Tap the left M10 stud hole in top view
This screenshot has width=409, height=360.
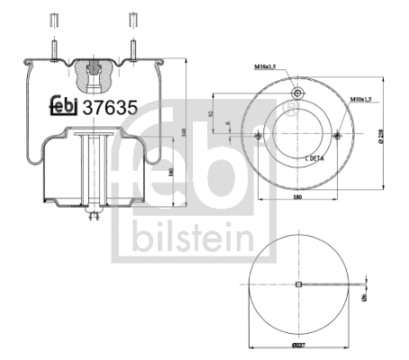pos(258,136)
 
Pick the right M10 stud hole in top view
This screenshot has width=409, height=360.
pos(337,136)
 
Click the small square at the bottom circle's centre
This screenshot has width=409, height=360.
pos(297,285)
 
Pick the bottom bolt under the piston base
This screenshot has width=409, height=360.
pos(93,217)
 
